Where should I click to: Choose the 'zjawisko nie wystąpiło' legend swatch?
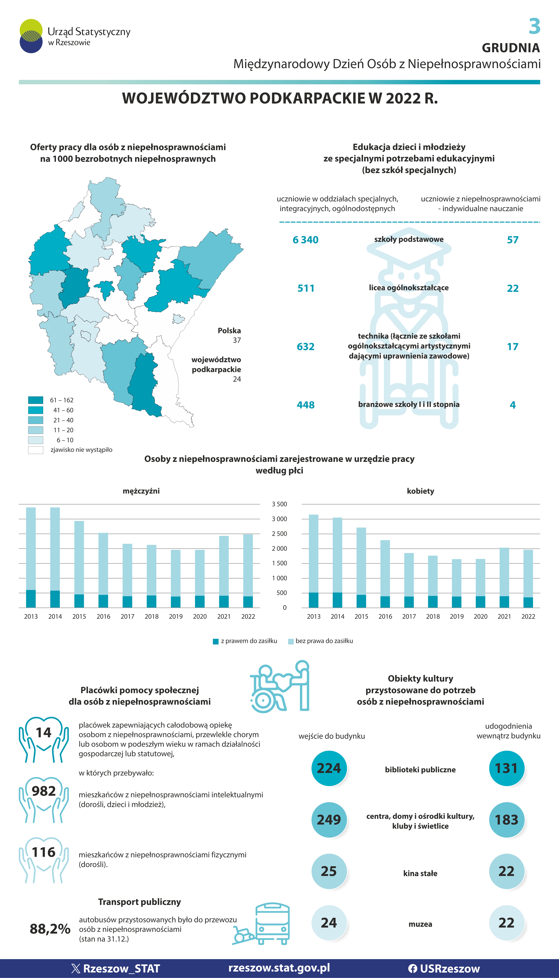point(35,450)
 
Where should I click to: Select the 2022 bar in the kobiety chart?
point(528,578)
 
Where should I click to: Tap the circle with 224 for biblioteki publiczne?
point(329,768)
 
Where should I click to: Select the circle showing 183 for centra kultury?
point(506,820)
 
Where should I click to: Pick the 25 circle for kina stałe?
point(329,871)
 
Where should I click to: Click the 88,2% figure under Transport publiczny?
point(50,928)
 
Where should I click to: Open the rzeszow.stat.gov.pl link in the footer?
point(279,968)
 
